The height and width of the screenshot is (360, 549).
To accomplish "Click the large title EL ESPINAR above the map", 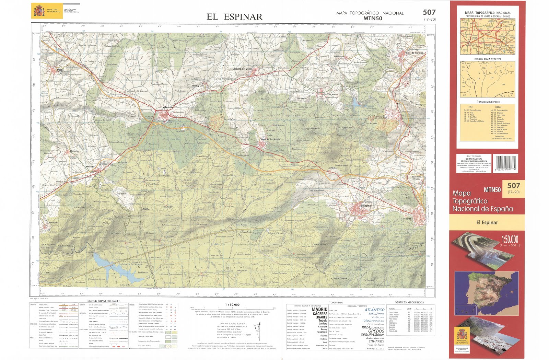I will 234,17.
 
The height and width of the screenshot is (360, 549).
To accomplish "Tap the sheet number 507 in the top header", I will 429,12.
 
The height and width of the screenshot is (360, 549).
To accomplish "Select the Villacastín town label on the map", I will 168,107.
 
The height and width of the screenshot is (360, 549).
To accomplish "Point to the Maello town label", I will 60,70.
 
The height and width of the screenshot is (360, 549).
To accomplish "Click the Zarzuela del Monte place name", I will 242,69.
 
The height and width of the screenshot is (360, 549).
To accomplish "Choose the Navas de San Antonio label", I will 270,139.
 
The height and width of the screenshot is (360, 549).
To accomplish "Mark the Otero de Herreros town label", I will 414,53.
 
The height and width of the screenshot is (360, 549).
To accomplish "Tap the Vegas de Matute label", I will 330,94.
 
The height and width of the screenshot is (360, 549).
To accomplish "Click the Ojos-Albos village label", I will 53,222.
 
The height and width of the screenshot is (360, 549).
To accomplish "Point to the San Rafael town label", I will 406,219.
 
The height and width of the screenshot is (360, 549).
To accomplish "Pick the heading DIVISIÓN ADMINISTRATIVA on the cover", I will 487,59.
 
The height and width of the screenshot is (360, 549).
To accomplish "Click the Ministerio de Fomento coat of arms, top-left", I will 39,11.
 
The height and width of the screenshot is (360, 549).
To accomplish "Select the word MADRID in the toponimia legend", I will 319,309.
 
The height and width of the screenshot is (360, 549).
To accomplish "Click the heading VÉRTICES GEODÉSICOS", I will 409,302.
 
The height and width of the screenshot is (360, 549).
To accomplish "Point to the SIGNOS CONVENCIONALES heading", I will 104,301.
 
